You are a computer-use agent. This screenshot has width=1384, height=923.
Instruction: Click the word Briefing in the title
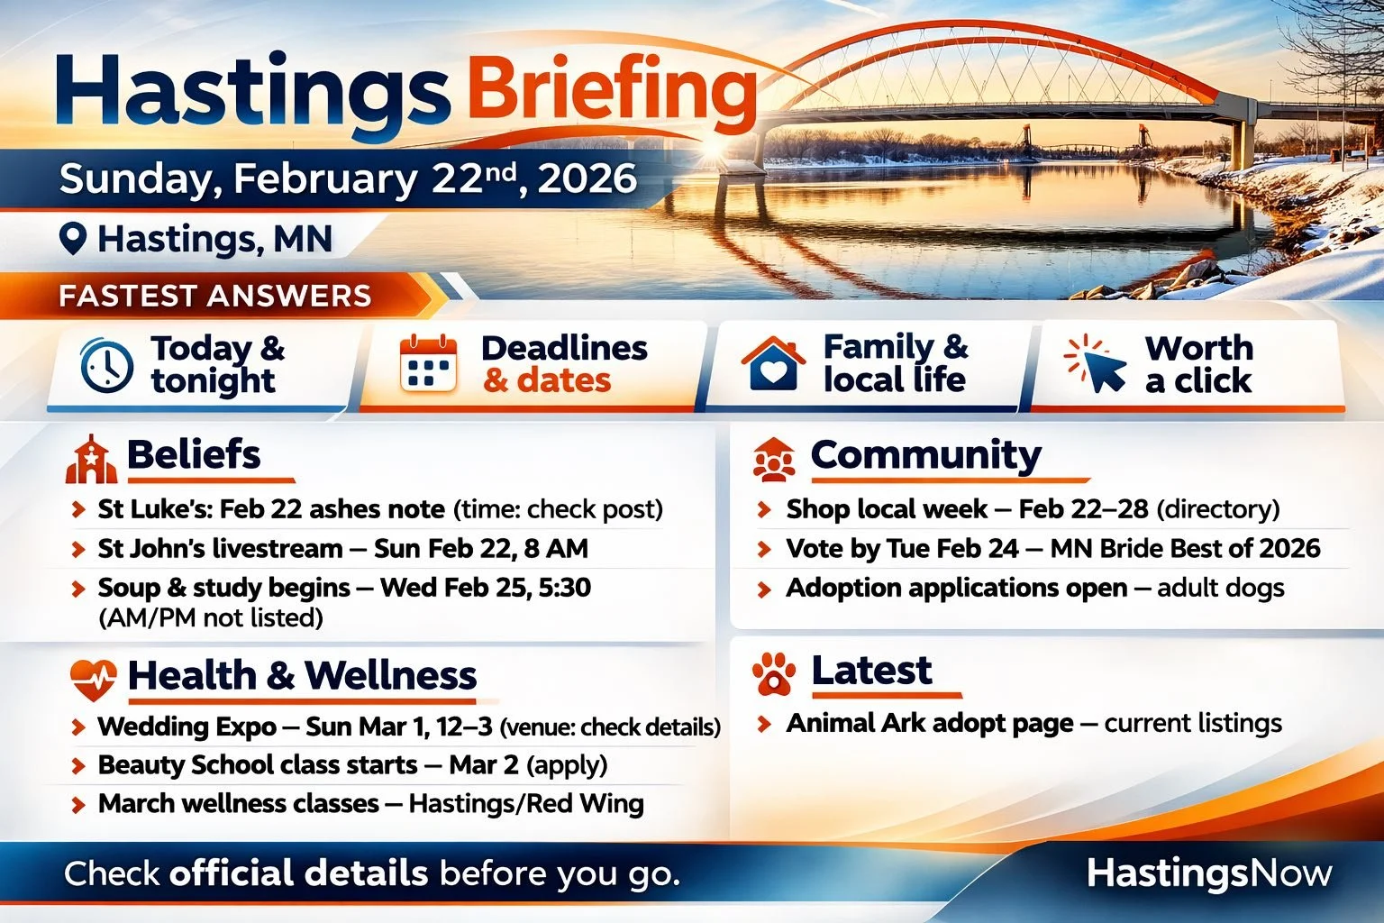[612, 92]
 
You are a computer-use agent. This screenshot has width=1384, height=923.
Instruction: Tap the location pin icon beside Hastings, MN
[72, 239]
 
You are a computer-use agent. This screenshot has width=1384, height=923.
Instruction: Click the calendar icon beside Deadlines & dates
[428, 364]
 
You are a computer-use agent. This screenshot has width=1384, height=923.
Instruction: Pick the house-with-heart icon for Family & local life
[772, 364]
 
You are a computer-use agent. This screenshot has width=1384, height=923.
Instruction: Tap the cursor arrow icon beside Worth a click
[1097, 364]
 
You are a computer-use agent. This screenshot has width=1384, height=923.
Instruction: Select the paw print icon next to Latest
[774, 673]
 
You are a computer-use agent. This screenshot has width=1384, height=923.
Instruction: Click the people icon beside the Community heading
[774, 459]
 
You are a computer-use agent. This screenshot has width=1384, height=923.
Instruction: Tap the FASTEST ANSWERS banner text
[214, 297]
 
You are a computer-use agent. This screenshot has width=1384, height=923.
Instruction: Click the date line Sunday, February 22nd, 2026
[348, 178]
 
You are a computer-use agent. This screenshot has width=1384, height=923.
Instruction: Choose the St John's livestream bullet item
[342, 548]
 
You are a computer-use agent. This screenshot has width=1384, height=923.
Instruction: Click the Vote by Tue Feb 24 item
[1052, 548]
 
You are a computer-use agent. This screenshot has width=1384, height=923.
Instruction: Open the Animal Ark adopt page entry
[1033, 723]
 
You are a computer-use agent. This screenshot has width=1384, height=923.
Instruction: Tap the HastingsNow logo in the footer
[1208, 873]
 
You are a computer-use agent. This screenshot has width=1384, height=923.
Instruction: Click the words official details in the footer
[298, 873]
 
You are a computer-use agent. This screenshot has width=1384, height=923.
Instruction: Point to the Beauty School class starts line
[352, 765]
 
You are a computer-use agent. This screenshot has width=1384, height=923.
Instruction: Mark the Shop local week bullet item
[1032, 509]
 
